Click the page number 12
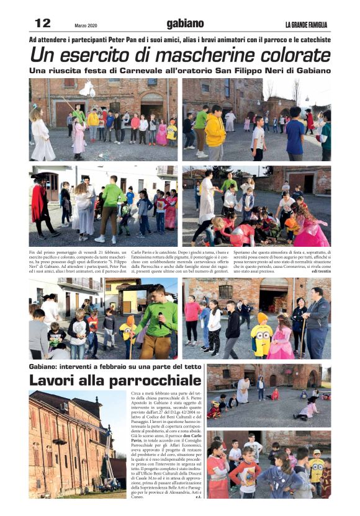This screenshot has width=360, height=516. pyautogui.click(x=42, y=23)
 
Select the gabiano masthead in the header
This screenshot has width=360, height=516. pyautogui.click(x=185, y=24)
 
